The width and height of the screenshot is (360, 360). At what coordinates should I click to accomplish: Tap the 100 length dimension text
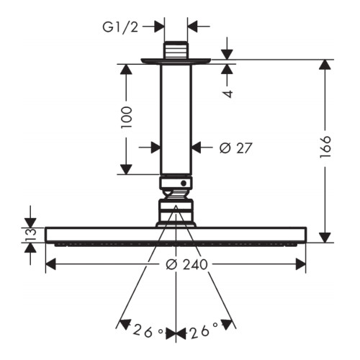pyautogui.click(x=127, y=117)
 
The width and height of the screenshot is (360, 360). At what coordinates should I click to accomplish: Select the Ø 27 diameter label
pyautogui.click(x=236, y=148)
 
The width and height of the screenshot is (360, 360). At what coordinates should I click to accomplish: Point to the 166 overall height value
pyautogui.click(x=325, y=147)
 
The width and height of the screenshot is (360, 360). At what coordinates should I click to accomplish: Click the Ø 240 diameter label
pyautogui.click(x=186, y=265)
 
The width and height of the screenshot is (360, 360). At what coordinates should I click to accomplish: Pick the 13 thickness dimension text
pyautogui.click(x=31, y=235)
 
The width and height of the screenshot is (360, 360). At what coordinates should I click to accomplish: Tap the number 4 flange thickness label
pyautogui.click(x=229, y=94)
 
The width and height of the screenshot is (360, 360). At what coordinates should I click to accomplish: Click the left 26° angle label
pyautogui.click(x=148, y=331)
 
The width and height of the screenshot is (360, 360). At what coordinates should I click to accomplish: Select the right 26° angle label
pyautogui.click(x=204, y=330)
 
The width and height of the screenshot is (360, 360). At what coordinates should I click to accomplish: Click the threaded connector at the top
pyautogui.click(x=176, y=50)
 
